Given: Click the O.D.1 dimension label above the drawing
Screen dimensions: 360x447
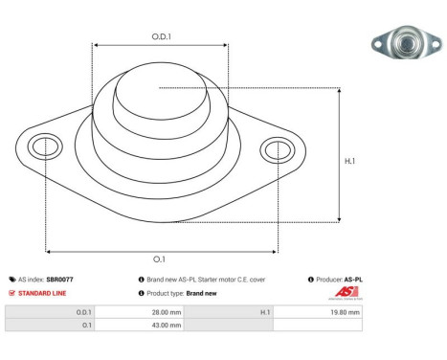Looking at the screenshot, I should point(161,36).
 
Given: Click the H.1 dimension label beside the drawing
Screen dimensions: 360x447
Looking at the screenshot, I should point(349,161).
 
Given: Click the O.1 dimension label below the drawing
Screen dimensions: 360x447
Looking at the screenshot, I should point(159,259).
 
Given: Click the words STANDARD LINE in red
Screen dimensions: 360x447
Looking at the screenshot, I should point(39,293).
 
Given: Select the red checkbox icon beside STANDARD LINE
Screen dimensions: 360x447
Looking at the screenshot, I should point(11,293).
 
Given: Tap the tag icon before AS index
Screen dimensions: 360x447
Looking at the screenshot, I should point(11,280).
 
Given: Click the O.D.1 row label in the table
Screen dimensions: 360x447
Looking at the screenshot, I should point(83,312).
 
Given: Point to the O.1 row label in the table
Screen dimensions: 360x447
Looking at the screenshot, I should point(85,326).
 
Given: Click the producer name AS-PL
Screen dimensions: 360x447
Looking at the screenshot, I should point(353,280).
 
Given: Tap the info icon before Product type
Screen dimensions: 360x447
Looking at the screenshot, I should point(142,293).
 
